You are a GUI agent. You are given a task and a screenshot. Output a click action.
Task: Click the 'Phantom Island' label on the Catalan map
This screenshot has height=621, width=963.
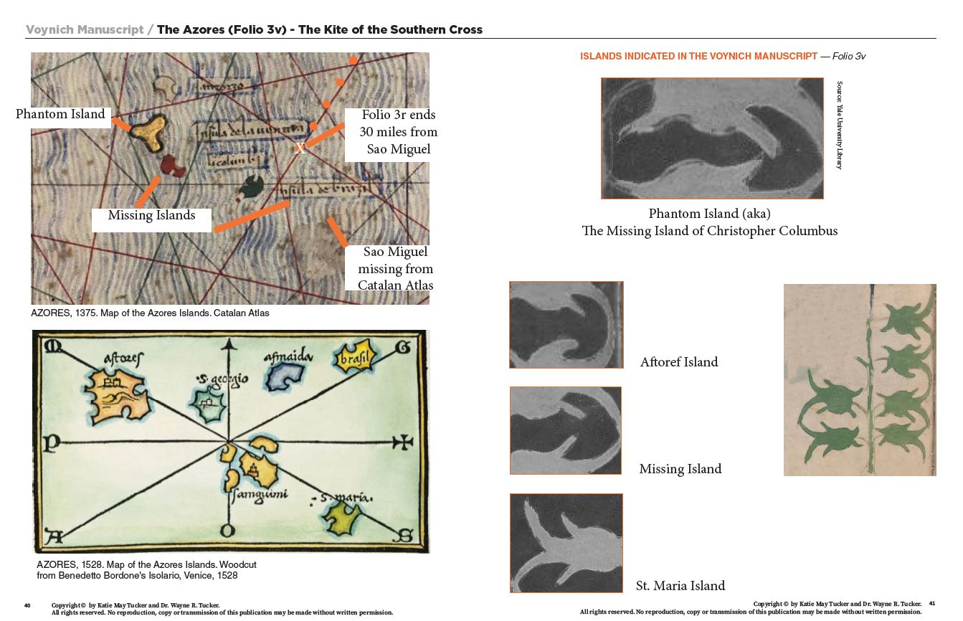point(60,114)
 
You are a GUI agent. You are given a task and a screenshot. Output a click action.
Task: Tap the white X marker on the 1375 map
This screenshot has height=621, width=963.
point(300,148)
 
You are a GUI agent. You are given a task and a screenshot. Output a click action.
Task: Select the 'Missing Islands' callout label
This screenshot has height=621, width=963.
point(151,215)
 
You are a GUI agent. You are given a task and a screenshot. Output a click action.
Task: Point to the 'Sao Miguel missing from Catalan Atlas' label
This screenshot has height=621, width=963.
point(395,269)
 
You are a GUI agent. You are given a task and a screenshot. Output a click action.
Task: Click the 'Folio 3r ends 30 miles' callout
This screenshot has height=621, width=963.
point(398,132)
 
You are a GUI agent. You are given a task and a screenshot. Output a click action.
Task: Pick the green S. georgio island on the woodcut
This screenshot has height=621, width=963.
point(208,404)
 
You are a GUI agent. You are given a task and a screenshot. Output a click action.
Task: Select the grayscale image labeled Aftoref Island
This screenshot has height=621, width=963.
point(566,325)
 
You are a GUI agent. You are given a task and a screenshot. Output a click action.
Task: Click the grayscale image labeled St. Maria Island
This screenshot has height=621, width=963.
point(566,543)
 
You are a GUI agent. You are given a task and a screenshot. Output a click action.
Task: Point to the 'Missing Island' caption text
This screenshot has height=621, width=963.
point(680,469)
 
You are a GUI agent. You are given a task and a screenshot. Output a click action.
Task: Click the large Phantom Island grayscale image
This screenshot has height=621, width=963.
point(712,138)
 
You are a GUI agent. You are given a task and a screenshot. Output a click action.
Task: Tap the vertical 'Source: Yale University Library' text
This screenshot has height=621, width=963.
point(840,125)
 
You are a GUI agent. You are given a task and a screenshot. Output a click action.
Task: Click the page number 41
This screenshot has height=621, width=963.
point(931,604)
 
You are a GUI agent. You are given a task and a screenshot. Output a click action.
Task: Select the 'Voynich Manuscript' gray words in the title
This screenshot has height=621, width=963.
point(84,29)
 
